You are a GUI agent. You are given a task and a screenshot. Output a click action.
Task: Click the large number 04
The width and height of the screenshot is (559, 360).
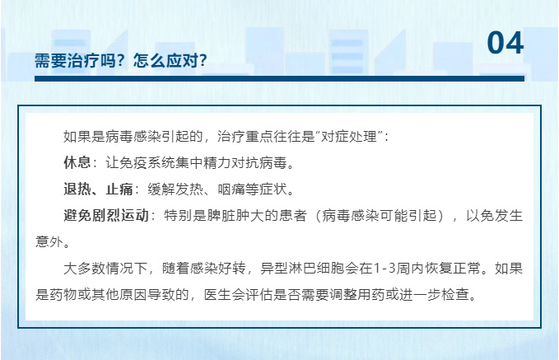[505, 43]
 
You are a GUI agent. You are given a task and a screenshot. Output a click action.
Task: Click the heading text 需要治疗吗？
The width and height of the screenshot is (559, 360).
[79, 60]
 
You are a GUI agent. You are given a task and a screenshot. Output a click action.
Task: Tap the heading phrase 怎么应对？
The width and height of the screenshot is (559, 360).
[170, 60]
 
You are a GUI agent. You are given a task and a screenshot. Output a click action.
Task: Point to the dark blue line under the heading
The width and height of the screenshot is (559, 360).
[280, 78]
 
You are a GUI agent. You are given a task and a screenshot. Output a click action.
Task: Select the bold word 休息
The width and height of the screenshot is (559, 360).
[77, 162]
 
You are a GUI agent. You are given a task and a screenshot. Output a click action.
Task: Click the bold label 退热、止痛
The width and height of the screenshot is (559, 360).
[99, 189]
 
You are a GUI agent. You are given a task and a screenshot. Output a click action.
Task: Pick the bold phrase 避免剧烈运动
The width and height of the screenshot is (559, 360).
[106, 216]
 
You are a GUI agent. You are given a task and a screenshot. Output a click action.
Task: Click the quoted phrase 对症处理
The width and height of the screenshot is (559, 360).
[349, 136]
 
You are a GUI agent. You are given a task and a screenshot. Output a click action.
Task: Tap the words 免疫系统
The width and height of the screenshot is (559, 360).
[147, 162]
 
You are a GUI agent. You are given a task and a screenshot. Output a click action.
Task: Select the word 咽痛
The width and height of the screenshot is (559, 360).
[231, 189]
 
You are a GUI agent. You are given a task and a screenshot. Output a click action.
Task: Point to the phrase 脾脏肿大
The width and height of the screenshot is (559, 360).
[235, 216]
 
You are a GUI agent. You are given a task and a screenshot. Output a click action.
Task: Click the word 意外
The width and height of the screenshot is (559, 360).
[49, 242]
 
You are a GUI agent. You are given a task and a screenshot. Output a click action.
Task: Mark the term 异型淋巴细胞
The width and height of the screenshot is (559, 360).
[303, 269]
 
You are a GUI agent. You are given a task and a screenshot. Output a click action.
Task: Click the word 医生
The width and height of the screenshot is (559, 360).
[218, 295]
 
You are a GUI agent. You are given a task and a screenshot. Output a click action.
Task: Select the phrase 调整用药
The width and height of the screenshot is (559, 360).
[357, 295]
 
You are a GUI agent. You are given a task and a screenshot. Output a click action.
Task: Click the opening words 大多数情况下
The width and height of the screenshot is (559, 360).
[105, 269]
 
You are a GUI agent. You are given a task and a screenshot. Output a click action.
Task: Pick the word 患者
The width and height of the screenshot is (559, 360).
[292, 216]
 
